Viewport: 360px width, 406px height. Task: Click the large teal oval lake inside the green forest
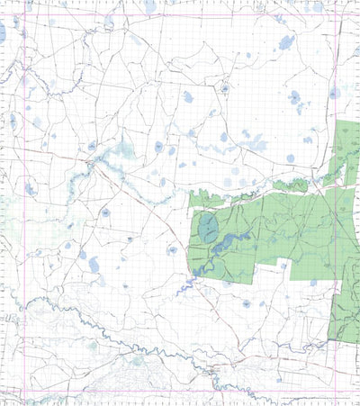(208, 229)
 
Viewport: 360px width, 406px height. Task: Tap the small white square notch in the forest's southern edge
(284, 265)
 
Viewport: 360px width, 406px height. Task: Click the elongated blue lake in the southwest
(94, 265)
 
